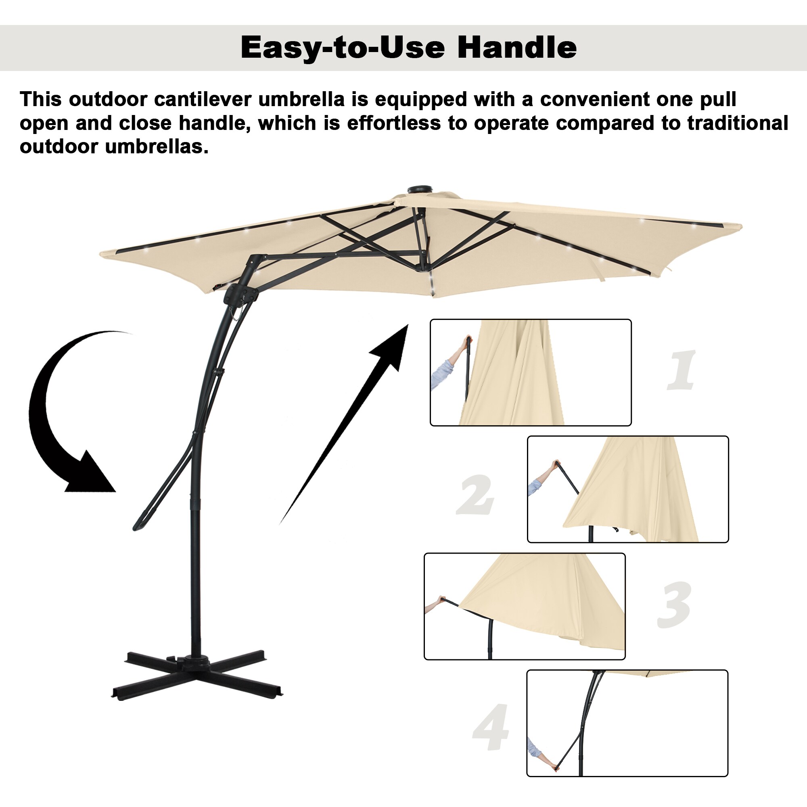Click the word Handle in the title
coord(517,47)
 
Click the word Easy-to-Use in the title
coord(343,48)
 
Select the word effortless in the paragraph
coord(394,123)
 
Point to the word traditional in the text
coord(738,123)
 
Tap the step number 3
coord(674,604)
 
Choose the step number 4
coord(491,726)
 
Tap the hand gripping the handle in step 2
coord(555,464)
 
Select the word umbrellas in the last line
coord(157,146)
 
